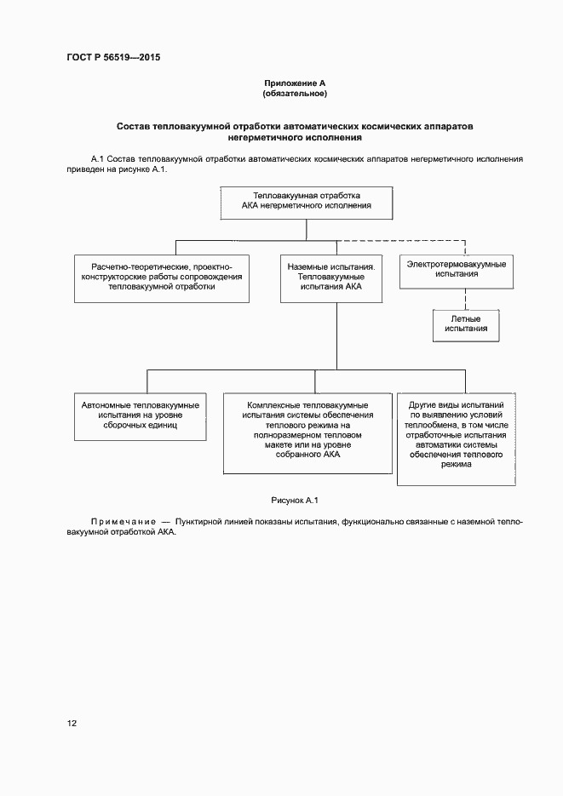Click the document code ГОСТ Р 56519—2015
(113, 58)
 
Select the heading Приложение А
(295, 83)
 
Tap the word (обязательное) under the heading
(295, 93)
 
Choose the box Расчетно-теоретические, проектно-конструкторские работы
(162, 277)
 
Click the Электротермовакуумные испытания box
(456, 269)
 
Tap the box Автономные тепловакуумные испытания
(141, 415)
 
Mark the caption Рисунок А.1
(294, 500)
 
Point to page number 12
(72, 724)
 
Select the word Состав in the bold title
(134, 126)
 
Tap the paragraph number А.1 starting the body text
(96, 159)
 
